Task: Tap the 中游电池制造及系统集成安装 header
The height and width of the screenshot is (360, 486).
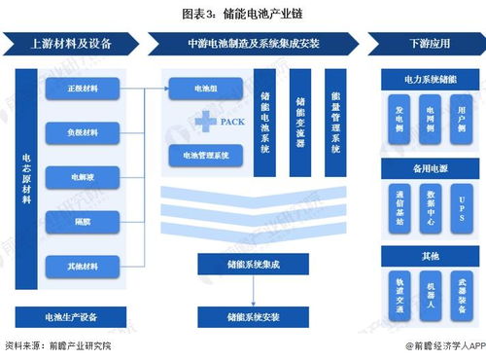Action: tap(255, 43)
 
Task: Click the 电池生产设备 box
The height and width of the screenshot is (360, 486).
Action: tap(71, 316)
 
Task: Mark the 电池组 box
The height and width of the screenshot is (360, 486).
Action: tap(206, 88)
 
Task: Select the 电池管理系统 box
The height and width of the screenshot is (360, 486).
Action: tap(206, 154)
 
